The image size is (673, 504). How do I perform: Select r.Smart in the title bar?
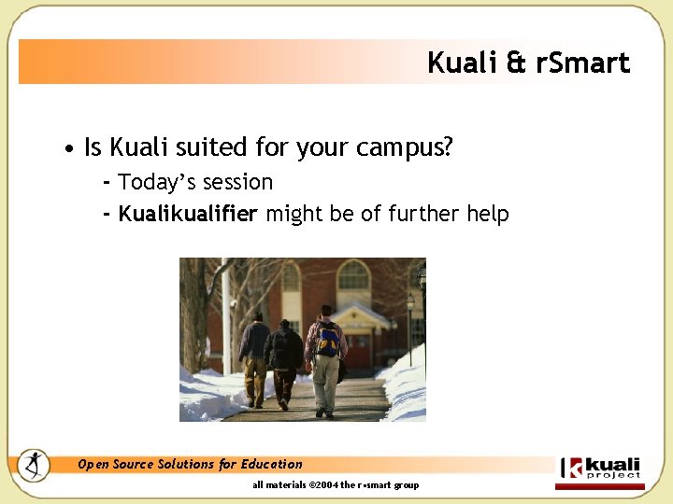pos(583,63)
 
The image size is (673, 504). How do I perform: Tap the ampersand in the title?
pos(516,63)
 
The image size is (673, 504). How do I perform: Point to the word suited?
pos(205,147)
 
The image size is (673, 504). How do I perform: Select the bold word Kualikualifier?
pos(188,214)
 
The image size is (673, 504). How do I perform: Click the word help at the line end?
pos(487,214)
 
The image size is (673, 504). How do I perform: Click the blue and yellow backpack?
pos(327,340)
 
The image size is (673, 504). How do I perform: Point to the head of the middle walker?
pos(284,325)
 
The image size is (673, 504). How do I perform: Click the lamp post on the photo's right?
pos(410,327)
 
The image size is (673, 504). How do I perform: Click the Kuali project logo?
pos(600,470)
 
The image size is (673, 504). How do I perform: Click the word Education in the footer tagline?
pos(272,464)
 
